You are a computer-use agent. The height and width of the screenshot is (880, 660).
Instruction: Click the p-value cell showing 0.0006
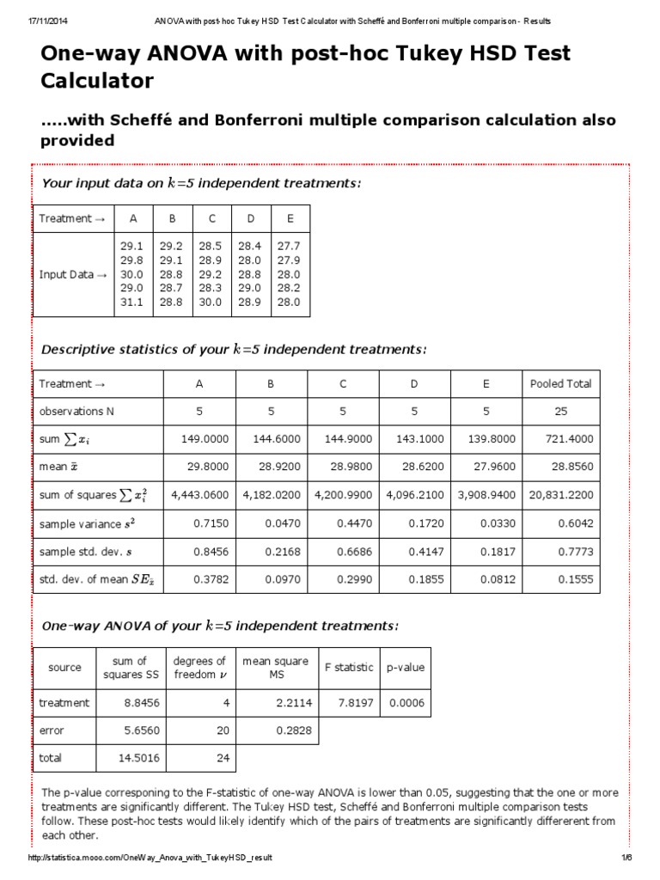coord(406,703)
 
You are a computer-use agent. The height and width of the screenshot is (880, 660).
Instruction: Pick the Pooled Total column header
coord(560,384)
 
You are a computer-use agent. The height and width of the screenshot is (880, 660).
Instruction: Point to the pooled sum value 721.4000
coord(570,439)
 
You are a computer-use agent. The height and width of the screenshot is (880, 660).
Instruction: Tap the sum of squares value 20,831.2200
coord(561,495)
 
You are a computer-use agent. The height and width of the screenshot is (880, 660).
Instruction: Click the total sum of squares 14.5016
coord(136,758)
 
